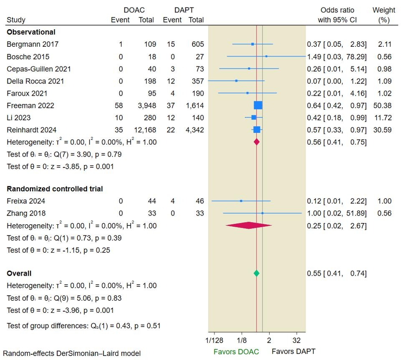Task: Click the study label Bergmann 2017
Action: [33, 44]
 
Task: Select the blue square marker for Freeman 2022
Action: [258, 105]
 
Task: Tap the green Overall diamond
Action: [256, 273]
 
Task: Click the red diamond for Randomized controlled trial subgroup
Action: [249, 226]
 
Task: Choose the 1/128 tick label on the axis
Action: [214, 340]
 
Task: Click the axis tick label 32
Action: [297, 340]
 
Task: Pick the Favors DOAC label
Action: [236, 351]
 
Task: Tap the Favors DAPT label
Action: [293, 351]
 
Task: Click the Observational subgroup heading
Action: [31, 32]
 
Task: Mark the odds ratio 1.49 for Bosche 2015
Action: [314, 57]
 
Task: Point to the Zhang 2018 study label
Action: [26, 213]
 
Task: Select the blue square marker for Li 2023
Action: [254, 117]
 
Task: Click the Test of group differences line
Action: [83, 326]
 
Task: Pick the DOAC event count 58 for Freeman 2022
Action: [119, 105]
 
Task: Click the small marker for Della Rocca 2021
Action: [236, 81]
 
